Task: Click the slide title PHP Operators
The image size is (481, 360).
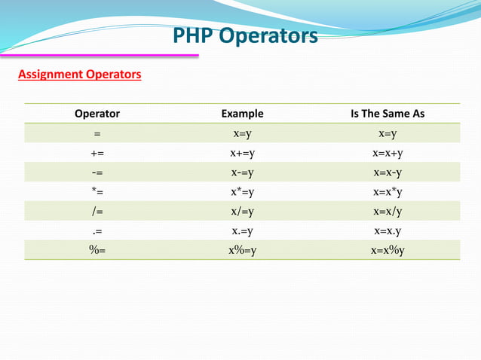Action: [x=246, y=35]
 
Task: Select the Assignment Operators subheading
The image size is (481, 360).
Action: [x=79, y=75]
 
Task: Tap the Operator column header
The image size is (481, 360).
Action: [x=97, y=114]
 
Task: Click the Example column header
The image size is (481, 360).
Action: [x=242, y=114]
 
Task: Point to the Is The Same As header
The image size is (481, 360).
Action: [x=388, y=114]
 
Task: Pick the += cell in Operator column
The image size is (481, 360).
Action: [x=97, y=154]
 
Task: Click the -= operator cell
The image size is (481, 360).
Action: [x=97, y=173]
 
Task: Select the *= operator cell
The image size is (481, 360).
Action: [x=97, y=193]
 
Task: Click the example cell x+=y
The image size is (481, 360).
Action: [x=242, y=154]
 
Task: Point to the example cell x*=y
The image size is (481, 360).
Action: [x=242, y=193]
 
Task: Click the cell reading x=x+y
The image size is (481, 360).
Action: [x=388, y=154]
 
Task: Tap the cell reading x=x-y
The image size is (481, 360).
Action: [x=388, y=173]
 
